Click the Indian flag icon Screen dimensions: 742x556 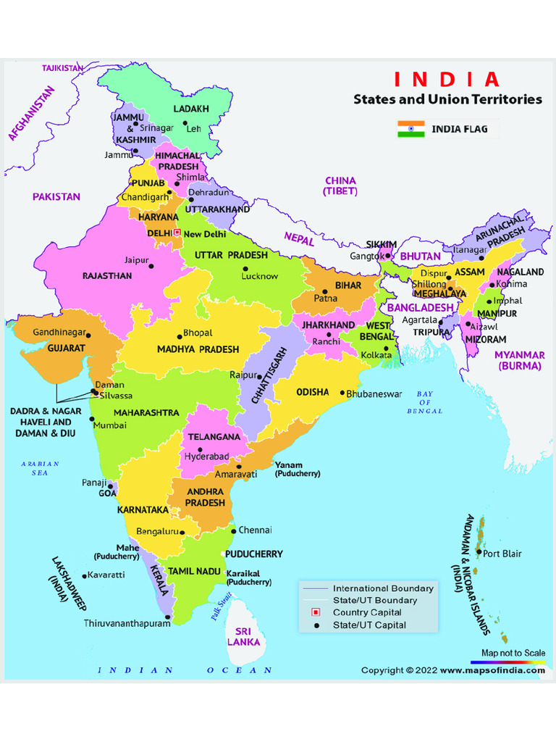click(410, 130)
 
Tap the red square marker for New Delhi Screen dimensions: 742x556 click(177, 233)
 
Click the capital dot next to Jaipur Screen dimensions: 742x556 click(152, 266)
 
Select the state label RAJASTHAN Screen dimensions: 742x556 click(107, 276)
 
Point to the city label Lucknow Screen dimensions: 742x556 click(260, 276)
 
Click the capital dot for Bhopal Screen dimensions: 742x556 click(180, 336)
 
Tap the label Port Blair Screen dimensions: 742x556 click(502, 554)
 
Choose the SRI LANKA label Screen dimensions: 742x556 click(244, 636)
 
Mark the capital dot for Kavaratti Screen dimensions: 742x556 click(85, 576)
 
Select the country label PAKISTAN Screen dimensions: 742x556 click(56, 196)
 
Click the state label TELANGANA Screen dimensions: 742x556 click(214, 437)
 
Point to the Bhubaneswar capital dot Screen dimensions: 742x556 click(343, 393)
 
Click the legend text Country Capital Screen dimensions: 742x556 click(366, 612)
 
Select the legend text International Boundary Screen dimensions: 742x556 click(383, 588)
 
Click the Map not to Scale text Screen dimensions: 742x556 click(513, 653)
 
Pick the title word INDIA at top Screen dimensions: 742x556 click(447, 79)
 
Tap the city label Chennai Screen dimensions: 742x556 click(256, 530)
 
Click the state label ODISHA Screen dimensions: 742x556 click(313, 392)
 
